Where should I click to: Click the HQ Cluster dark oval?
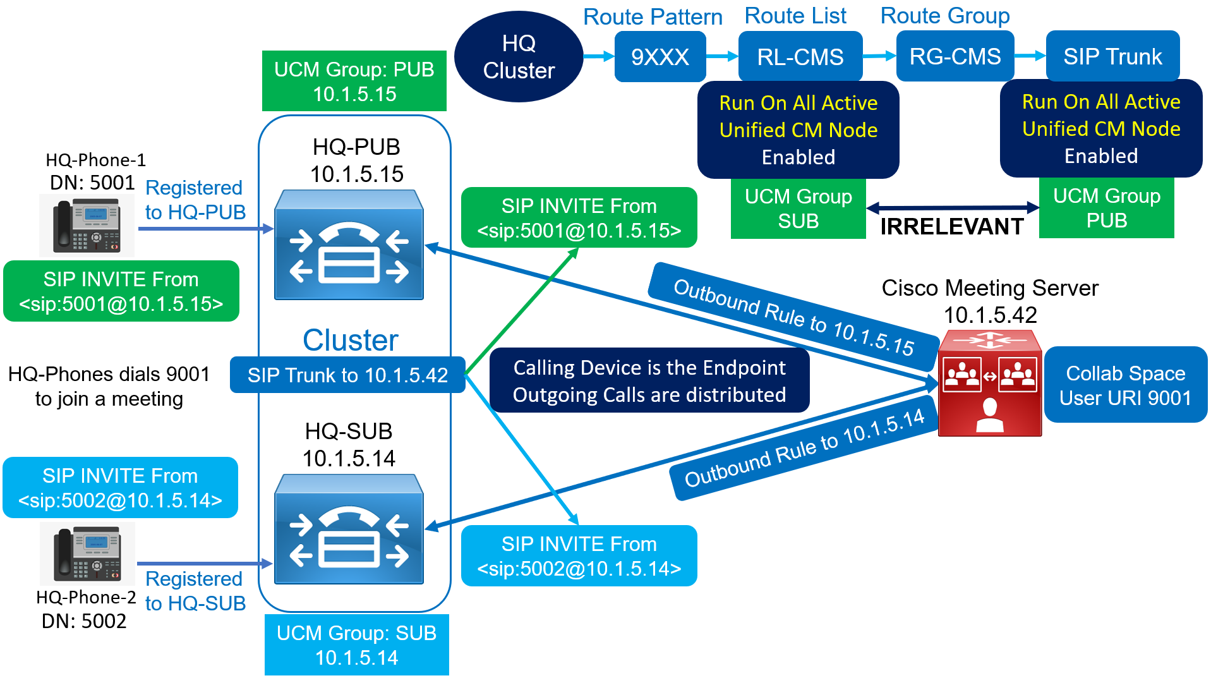[x=518, y=57]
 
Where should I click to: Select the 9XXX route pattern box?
[x=660, y=57]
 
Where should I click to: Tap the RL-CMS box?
[x=800, y=57]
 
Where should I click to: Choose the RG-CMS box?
[x=955, y=57]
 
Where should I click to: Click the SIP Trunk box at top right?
[x=1112, y=57]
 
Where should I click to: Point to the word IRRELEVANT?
[x=951, y=226]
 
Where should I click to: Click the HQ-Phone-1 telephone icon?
[x=87, y=226]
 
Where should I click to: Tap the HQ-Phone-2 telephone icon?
[x=87, y=554]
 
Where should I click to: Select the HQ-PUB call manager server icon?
[x=349, y=245]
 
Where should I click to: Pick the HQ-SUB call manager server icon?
[x=349, y=530]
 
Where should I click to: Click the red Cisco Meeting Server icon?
[x=989, y=383]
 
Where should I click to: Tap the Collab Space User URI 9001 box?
[x=1125, y=385]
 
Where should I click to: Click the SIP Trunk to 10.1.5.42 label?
[x=347, y=375]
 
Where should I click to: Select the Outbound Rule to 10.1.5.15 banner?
[x=793, y=317]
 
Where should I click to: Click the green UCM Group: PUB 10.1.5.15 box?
[x=354, y=82]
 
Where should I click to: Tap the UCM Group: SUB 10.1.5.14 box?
[x=356, y=645]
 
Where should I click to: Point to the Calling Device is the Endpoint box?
[x=649, y=381]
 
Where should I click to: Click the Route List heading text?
[x=795, y=16]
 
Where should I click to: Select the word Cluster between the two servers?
[x=350, y=341]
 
